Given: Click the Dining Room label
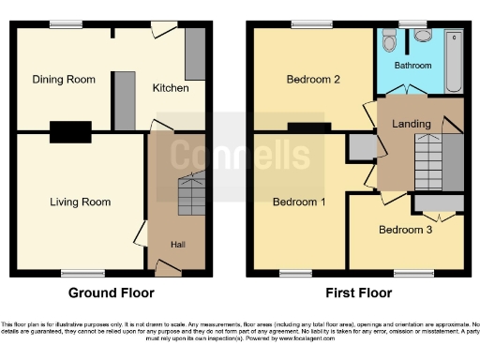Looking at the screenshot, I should click(63, 80).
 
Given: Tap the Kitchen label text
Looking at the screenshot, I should click(171, 88).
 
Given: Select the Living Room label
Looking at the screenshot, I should click(81, 202).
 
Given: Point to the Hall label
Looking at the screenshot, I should click(177, 245).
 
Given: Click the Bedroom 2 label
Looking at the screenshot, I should click(313, 80).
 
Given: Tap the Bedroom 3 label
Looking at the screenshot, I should click(406, 229).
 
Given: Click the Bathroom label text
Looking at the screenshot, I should click(412, 66).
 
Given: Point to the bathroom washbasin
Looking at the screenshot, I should click(387, 40).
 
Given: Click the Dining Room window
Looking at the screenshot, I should click(64, 23).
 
